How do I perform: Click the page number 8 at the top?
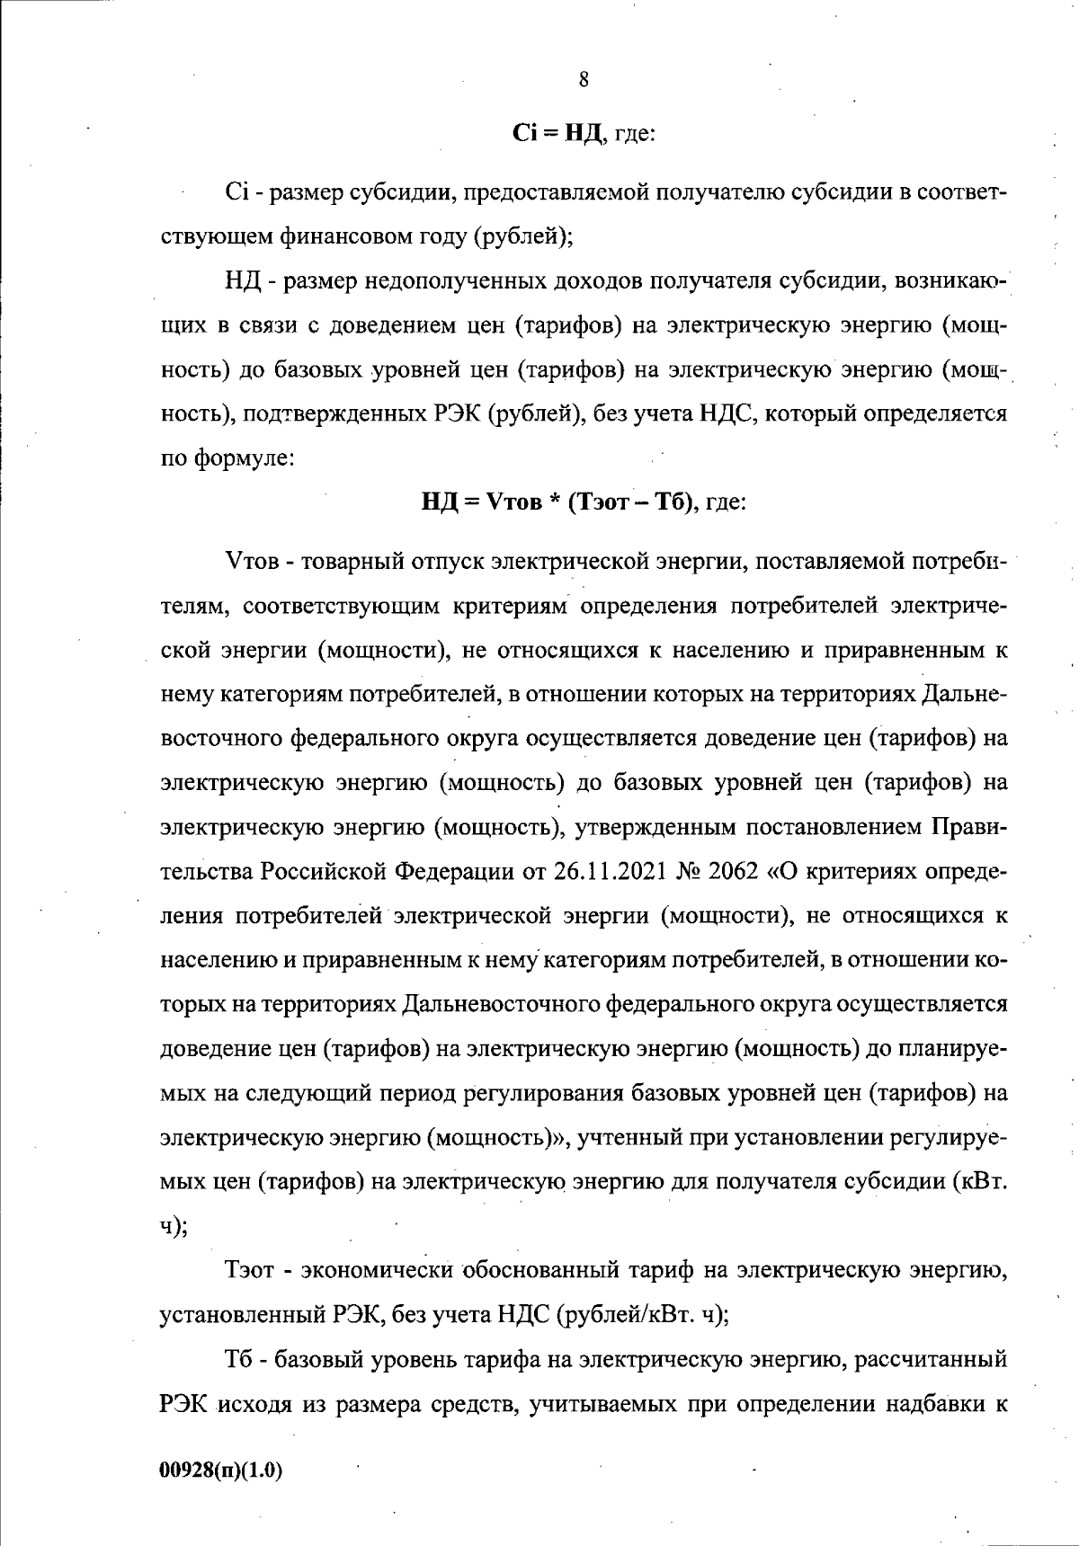584,79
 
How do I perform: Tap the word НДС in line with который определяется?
727,414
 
